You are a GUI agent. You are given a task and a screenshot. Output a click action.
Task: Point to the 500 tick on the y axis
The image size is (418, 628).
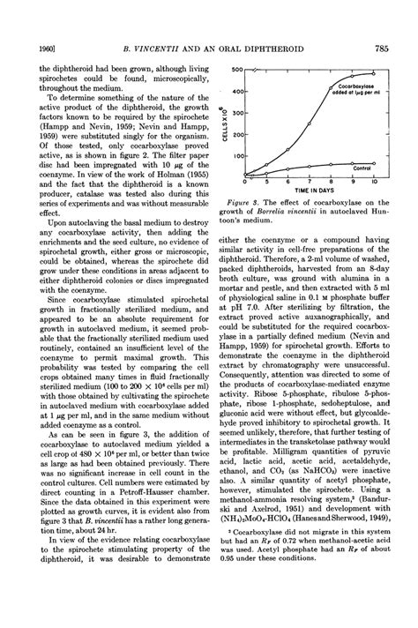click(x=235, y=71)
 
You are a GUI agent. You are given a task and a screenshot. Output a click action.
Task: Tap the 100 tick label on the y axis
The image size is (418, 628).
click(x=235, y=156)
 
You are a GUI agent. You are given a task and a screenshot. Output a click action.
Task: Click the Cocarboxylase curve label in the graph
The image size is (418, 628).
click(x=356, y=86)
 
